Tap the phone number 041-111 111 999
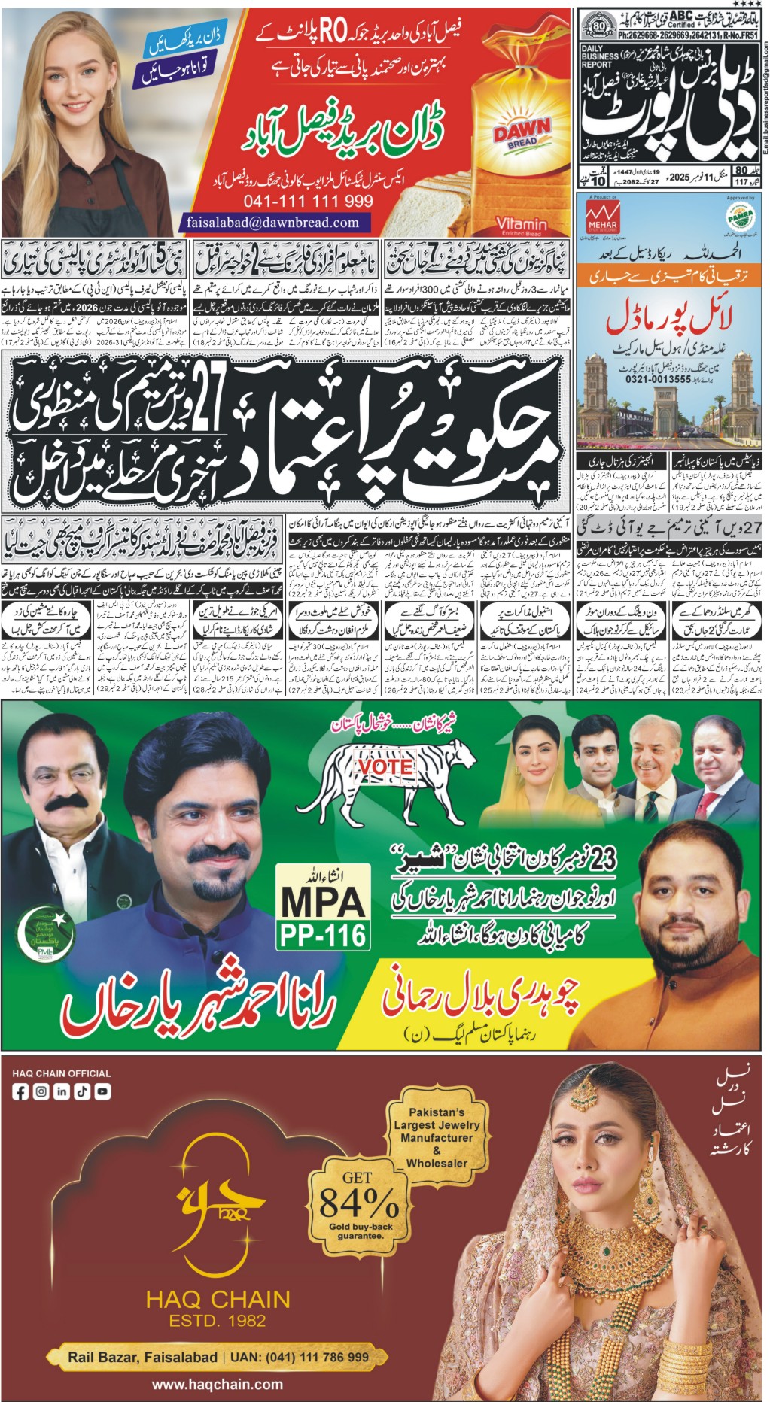pyautogui.click(x=308, y=202)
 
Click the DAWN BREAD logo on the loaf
pyautogui.click(x=521, y=133)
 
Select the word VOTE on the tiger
pyautogui.click(x=385, y=766)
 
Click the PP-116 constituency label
pyautogui.click(x=323, y=935)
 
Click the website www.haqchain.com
pyautogui.click(x=218, y=1384)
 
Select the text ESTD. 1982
pyautogui.click(x=218, y=1319)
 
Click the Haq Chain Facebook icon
pyautogui.click(x=21, y=1091)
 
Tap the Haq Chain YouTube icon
pyautogui.click(x=102, y=1091)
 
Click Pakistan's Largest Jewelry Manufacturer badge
pyautogui.click(x=437, y=1136)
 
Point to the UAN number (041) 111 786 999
pyautogui.click(x=315, y=1357)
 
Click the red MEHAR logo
pyautogui.click(x=602, y=216)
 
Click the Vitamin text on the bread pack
pyautogui.click(x=521, y=223)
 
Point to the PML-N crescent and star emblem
pyautogui.click(x=46, y=933)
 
